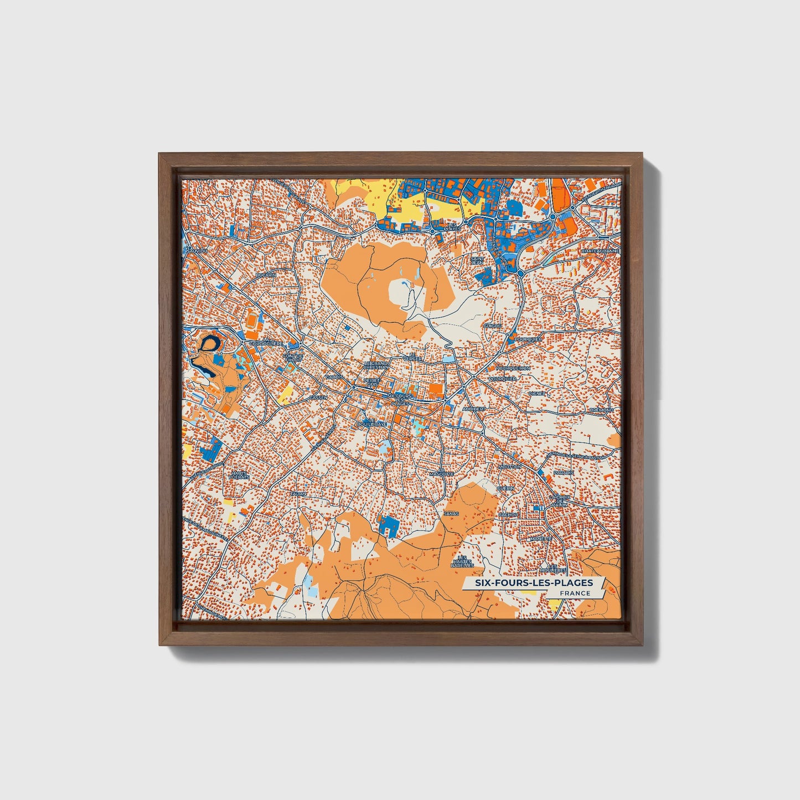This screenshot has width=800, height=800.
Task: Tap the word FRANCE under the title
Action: [x=574, y=593]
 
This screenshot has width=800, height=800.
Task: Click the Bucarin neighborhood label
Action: [x=266, y=275]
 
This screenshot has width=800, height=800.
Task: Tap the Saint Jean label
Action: [x=477, y=260]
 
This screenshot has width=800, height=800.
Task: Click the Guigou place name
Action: [x=492, y=326]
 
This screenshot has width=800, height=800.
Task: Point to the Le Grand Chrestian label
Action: [x=376, y=365]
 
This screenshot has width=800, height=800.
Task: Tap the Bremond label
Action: [x=601, y=410]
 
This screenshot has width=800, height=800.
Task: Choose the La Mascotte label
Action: [x=441, y=472]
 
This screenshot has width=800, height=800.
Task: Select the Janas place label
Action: [x=451, y=514]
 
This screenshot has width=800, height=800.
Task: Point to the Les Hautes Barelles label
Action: [x=462, y=561]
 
